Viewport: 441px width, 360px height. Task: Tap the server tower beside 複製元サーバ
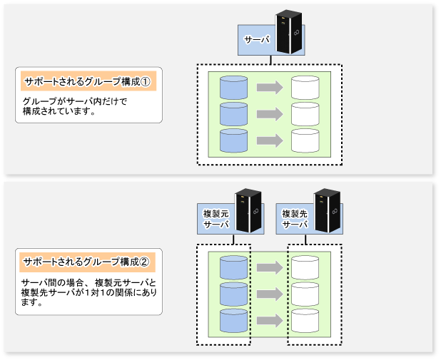(247, 211)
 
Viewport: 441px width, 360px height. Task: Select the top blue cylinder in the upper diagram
(233, 88)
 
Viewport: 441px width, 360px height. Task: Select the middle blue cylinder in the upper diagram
(233, 114)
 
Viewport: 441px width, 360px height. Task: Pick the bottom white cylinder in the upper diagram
(305, 140)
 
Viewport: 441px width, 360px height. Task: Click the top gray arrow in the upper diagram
(270, 88)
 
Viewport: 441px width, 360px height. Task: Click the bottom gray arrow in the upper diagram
(270, 140)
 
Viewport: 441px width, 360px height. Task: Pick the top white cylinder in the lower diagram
(305, 267)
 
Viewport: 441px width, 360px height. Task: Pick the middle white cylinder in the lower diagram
(305, 294)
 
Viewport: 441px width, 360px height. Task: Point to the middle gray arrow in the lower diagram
(270, 294)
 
